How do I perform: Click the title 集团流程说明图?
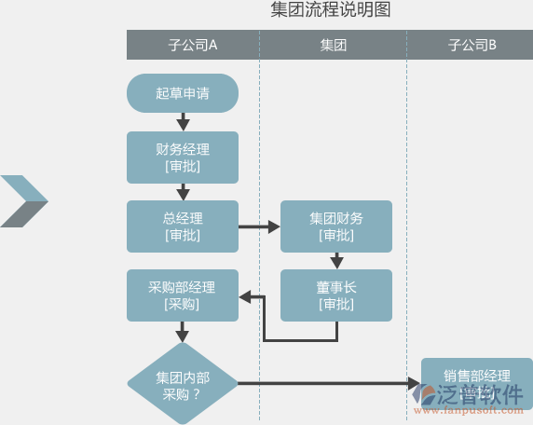coord(330,11)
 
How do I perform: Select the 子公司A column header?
coord(193,45)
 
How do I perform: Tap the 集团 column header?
coord(333,45)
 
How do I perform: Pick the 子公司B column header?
coord(471,45)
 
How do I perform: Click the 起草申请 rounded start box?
coord(183,93)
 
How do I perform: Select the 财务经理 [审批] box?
coord(183,157)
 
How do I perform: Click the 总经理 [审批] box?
coord(183,226)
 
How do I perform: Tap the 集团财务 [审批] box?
coord(336,226)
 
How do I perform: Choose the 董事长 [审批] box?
coord(336,295)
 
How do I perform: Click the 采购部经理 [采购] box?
coord(183,295)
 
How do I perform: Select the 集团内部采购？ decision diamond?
coord(183,383)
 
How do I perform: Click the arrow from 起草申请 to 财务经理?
coord(183,121)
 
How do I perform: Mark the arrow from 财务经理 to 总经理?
coord(183,191)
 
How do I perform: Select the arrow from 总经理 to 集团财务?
coord(260,226)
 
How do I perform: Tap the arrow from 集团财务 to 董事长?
coord(336,261)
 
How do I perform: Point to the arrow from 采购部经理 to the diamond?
coord(183,331)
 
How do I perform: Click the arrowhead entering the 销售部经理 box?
coord(415,383)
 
